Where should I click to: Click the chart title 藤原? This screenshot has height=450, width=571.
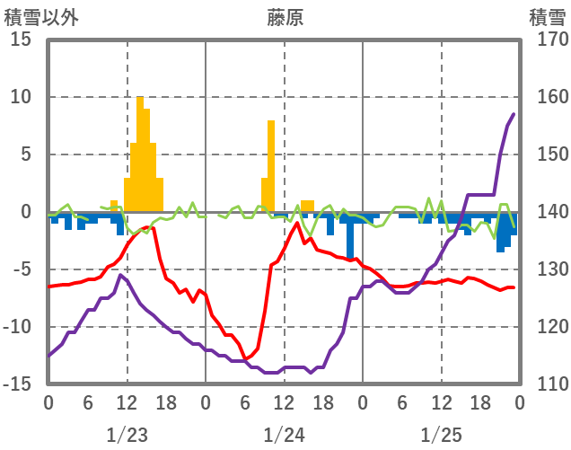click(x=285, y=17)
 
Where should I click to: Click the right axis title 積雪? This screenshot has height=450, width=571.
click(x=547, y=17)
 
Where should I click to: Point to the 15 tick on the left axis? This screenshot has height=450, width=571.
click(x=21, y=40)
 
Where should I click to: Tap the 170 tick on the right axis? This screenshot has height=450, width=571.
click(x=547, y=40)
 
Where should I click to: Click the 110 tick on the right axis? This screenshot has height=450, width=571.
click(x=547, y=384)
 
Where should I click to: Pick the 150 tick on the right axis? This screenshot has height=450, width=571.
click(x=547, y=154)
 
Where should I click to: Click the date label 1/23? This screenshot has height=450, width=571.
click(x=127, y=435)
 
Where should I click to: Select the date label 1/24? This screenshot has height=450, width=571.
click(x=285, y=435)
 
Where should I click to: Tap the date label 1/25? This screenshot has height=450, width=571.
click(x=441, y=435)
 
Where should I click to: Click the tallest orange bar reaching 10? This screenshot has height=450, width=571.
click(x=140, y=153)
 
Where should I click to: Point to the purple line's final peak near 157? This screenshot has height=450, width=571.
click(x=514, y=114)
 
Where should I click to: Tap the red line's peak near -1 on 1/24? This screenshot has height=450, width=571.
click(x=297, y=223)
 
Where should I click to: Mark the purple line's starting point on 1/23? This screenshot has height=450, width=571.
click(x=48, y=356)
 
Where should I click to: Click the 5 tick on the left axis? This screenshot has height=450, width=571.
click(x=26, y=154)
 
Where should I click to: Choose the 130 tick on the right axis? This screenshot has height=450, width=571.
click(x=547, y=269)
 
